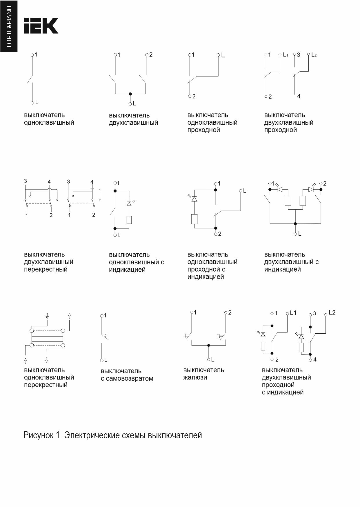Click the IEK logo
coord(41,26)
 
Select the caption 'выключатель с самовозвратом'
coord(127,375)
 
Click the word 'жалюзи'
coord(195,377)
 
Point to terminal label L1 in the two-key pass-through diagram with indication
coord(293,313)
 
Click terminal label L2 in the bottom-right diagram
coord(332,312)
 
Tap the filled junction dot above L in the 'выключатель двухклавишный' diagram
coord(130,94)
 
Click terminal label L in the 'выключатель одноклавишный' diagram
coord(37,102)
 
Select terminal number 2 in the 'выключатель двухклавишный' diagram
coord(151,54)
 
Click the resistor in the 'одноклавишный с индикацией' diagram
coord(129,220)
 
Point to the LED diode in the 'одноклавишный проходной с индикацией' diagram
coord(194,199)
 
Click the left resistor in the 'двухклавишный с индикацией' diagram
coord(288,201)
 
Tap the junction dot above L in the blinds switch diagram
coord(208,345)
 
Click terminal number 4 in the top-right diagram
coord(299,96)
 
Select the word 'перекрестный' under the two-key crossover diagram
coord(46,269)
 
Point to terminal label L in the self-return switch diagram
coord(106,360)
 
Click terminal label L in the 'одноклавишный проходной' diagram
coord(223,55)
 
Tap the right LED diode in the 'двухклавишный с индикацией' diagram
coord(311,189)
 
